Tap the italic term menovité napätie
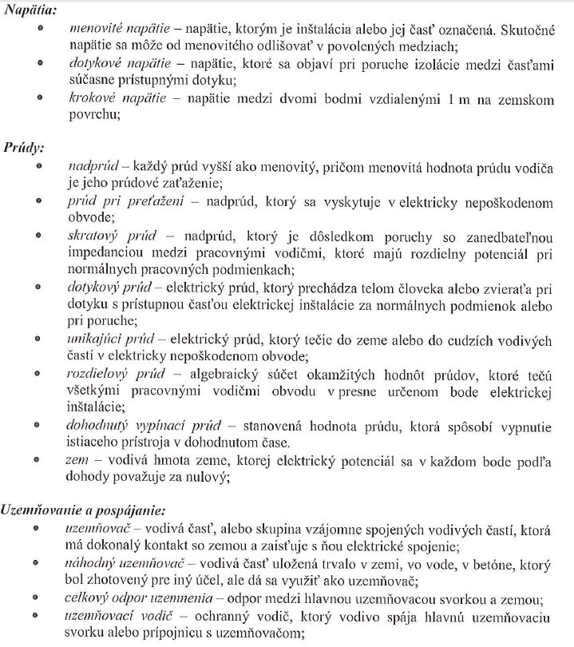coord(112,29)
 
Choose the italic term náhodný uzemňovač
coord(116,563)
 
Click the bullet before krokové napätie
coord(39,99)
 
